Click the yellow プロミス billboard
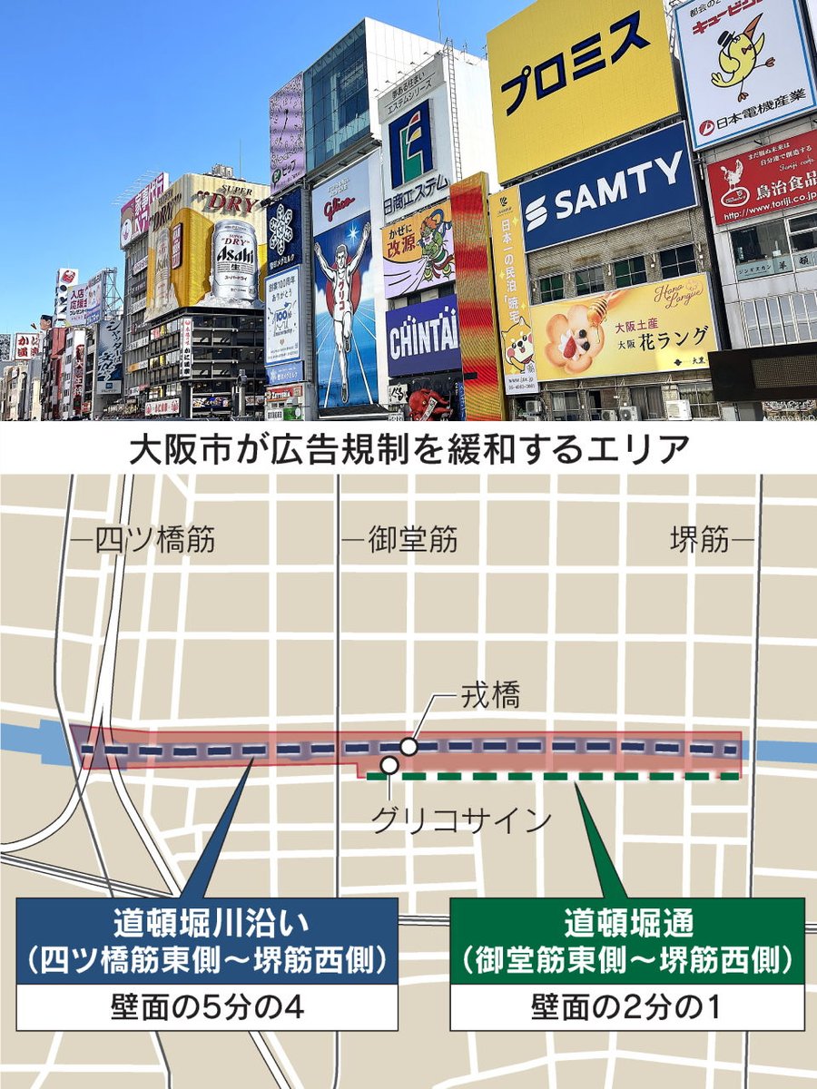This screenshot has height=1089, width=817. [581, 86]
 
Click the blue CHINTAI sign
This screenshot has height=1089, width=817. [423, 335]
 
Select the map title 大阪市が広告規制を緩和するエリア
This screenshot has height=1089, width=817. [408, 450]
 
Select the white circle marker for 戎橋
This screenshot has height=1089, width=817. [409, 747]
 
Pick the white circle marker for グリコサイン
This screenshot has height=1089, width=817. [389, 765]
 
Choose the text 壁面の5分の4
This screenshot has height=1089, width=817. [207, 1007]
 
